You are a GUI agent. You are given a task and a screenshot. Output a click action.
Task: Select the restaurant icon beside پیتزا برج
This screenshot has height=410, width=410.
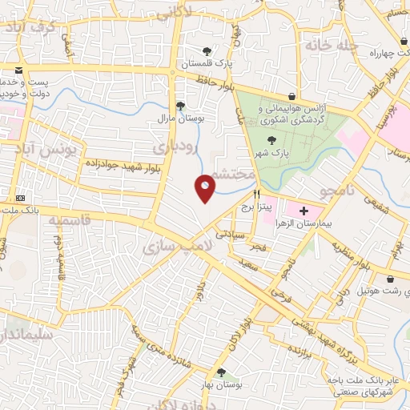(256, 194)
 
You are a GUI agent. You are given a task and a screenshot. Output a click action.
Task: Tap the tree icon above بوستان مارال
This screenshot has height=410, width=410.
(180, 105)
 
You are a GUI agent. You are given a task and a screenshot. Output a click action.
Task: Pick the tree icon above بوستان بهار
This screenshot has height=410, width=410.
(220, 372)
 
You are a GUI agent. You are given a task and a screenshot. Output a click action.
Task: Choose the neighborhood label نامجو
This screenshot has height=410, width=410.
(336, 192)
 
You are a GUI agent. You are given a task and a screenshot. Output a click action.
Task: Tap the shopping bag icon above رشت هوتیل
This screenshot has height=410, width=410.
(389, 279)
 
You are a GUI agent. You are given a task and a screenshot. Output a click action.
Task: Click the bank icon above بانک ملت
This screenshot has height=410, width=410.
(20, 198)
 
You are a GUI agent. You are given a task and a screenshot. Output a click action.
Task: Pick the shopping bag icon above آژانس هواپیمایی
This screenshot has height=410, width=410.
(301, 94)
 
